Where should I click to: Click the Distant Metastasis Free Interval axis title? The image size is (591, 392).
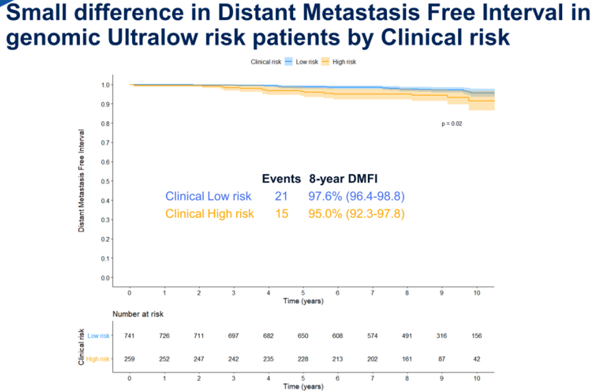click(81, 180)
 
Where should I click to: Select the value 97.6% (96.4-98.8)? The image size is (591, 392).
click(356, 197)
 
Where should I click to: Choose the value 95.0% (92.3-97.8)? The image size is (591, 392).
click(356, 214)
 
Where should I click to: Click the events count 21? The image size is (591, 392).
click(281, 197)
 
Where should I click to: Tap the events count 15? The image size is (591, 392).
click(281, 214)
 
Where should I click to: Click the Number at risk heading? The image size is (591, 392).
click(138, 314)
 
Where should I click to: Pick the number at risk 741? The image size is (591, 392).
click(130, 336)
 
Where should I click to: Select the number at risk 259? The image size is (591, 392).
click(130, 359)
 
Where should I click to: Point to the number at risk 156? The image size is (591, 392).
click(476, 336)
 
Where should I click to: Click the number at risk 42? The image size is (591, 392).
click(476, 359)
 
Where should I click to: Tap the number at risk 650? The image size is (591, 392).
click(303, 336)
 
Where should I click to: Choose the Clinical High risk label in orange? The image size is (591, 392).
click(210, 214)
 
